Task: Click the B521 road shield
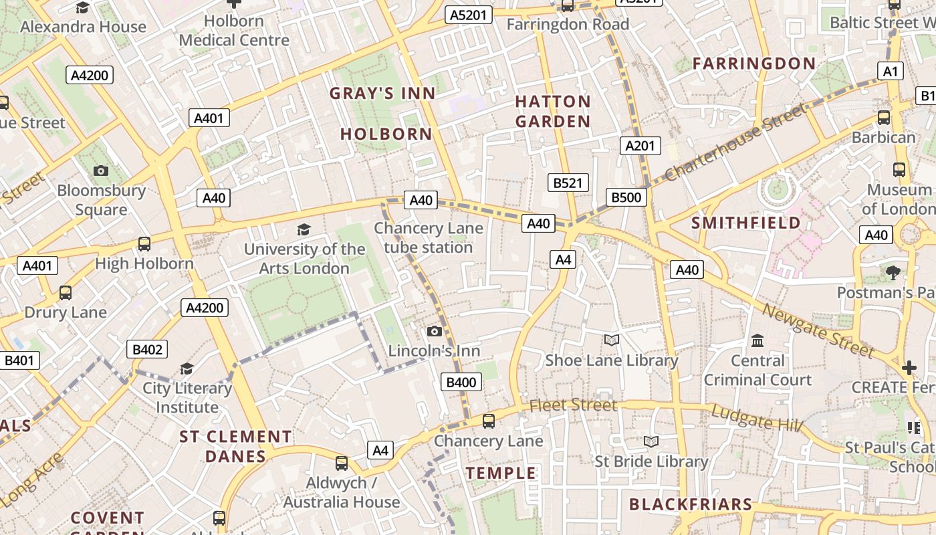tap(568, 182)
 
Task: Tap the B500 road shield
tap(626, 197)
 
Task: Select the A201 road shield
tap(640, 146)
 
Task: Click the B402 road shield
tap(147, 349)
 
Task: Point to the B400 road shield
tap(461, 383)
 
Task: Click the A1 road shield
tap(890, 72)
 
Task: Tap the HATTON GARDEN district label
tap(553, 112)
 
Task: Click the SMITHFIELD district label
tap(745, 223)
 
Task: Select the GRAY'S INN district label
tap(382, 94)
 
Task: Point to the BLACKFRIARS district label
tap(691, 504)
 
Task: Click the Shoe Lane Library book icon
tap(611, 340)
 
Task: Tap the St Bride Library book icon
tap(651, 441)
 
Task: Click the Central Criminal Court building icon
tap(757, 341)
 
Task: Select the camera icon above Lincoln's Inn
tap(434, 331)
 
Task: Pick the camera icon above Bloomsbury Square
tap(101, 171)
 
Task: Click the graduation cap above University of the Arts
tap(304, 229)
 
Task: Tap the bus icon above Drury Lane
tap(66, 292)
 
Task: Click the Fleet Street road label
tap(573, 405)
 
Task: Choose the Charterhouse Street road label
tap(735, 142)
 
